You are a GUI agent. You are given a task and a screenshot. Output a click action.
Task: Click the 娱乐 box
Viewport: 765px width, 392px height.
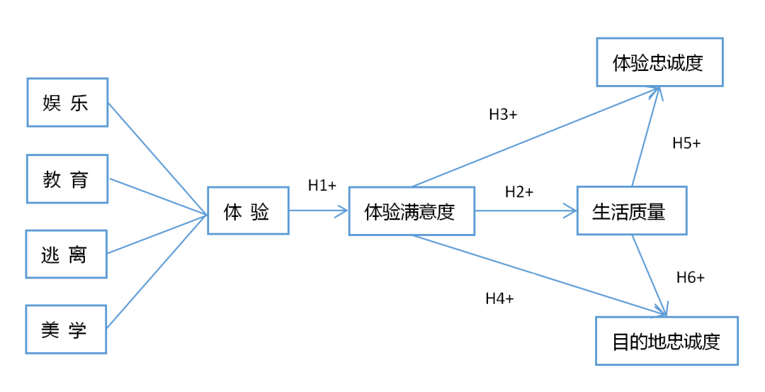(67, 103)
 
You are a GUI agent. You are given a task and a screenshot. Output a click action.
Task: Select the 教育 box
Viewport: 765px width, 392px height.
(67, 179)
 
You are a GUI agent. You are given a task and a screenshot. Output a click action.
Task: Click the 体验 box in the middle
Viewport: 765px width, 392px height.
(248, 211)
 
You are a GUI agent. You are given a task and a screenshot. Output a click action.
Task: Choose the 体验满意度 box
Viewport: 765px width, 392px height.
(411, 211)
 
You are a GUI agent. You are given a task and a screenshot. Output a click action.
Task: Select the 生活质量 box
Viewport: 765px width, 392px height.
(631, 211)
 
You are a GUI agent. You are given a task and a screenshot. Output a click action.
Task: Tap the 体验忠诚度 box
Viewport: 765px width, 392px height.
(659, 62)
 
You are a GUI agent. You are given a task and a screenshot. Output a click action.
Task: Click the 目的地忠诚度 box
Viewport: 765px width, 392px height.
(667, 341)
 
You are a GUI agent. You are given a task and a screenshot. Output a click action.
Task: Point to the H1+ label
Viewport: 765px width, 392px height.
(322, 185)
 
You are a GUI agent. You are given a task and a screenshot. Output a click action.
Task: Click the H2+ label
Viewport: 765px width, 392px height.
(519, 191)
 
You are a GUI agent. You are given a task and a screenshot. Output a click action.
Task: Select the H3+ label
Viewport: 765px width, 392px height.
(503, 114)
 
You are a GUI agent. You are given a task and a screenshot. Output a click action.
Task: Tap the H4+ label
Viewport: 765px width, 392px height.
(499, 298)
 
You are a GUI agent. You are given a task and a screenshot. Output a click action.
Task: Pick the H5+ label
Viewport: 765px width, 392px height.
(686, 142)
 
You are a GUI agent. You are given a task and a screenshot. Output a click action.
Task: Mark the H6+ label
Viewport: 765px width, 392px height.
(690, 277)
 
